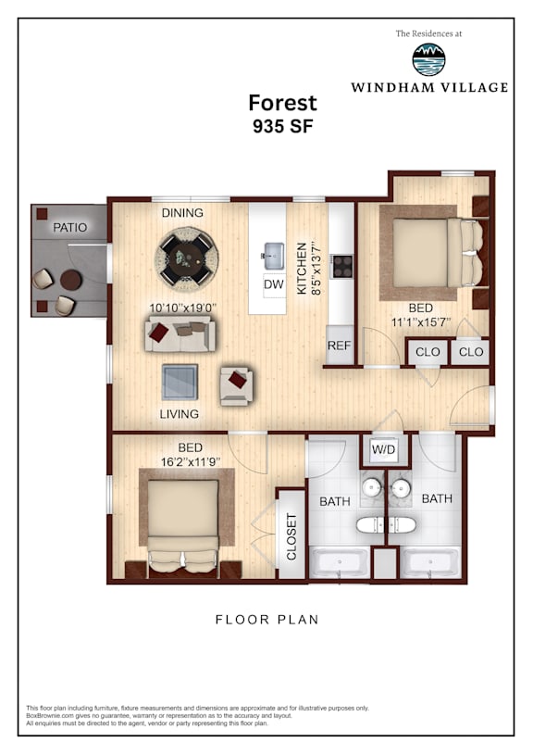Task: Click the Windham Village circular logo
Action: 428,59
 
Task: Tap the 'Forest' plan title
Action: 282,103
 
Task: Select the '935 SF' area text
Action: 283,126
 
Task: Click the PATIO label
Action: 69,227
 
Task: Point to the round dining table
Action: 186,257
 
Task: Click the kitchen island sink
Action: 274,257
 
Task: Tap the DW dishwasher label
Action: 274,284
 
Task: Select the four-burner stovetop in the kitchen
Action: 342,266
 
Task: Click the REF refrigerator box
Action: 339,346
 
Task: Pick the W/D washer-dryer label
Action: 383,449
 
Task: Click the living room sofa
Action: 180,333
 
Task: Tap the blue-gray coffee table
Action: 180,382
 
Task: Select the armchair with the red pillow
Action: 236,385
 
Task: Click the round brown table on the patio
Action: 71,280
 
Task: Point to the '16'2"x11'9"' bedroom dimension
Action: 190,461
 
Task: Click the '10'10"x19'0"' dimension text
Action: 183,308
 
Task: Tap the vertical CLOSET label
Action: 291,537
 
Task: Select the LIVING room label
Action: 179,413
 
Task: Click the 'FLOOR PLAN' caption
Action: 267,619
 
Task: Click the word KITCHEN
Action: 302,269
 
